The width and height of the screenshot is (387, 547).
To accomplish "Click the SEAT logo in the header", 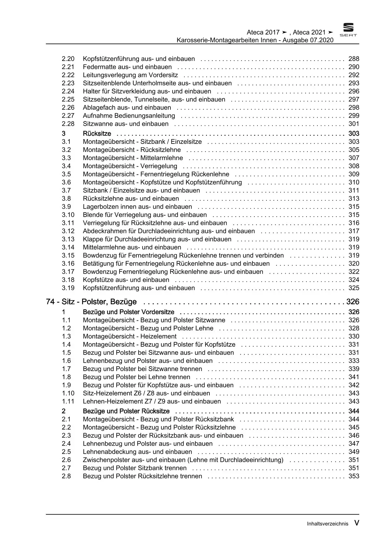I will (348, 30).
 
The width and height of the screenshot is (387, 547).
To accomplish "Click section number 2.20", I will (68, 59).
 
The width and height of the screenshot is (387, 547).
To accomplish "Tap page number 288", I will (354, 59).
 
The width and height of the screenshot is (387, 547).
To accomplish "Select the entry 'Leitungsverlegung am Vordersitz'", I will (130, 75).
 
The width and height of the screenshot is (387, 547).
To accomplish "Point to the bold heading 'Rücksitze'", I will (97, 134).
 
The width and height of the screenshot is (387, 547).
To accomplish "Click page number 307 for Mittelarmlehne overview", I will (354, 158).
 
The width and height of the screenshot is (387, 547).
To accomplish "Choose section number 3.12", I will (68, 231).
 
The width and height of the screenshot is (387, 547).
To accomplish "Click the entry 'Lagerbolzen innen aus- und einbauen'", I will (137, 207).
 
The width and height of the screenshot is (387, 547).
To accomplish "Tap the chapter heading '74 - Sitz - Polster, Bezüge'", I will (91, 302).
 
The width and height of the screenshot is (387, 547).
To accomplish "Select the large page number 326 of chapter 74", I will (353, 302).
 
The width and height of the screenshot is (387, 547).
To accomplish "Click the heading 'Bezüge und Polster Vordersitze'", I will (129, 312).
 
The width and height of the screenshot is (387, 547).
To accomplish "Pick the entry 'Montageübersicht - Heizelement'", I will (130, 336).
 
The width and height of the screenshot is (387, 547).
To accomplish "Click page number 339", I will (354, 369).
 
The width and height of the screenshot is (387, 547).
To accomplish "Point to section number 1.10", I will (68, 393).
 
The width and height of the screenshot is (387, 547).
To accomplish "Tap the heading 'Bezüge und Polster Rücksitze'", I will (126, 411).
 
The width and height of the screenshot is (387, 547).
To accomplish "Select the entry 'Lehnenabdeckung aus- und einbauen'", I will (137, 452).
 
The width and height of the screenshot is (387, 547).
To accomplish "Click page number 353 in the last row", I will (354, 476).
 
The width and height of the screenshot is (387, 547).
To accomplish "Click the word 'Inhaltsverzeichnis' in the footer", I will (327, 524).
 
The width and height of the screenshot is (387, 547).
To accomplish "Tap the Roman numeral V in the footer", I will (356, 523).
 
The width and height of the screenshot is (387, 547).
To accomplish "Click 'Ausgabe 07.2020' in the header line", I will (308, 40).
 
